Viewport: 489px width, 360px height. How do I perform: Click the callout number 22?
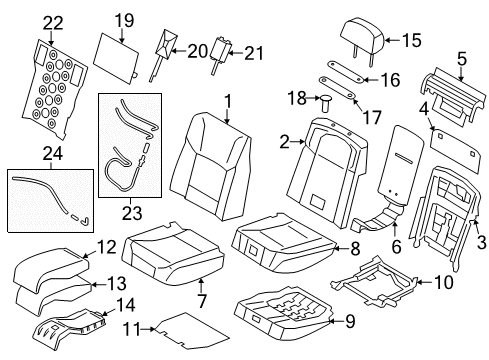click(53, 23)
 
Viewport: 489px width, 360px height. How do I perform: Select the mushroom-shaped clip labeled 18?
click(325, 104)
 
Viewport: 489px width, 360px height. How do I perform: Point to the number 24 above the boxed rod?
click(53, 154)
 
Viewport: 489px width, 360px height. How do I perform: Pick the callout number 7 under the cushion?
click(202, 301)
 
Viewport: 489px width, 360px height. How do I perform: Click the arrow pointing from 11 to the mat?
click(148, 329)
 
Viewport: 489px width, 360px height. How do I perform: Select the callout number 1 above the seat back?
click(228, 101)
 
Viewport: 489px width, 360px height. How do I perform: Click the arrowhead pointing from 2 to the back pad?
click(302, 142)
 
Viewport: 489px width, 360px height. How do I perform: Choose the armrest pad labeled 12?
click(51, 268)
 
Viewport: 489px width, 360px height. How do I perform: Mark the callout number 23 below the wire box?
click(132, 213)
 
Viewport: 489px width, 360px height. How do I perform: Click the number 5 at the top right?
click(462, 59)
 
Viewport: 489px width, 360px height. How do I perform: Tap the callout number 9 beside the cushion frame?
click(350, 322)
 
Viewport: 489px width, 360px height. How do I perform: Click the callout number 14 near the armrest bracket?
click(125, 305)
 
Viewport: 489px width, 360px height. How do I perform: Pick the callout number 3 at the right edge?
click(482, 242)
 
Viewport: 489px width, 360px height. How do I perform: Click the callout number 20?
click(197, 51)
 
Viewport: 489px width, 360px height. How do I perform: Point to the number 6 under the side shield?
click(396, 247)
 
